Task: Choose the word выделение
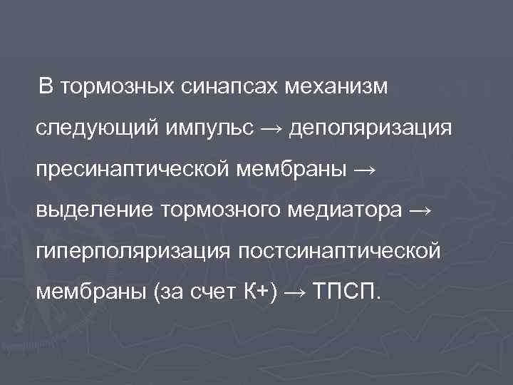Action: click(x=95, y=211)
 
